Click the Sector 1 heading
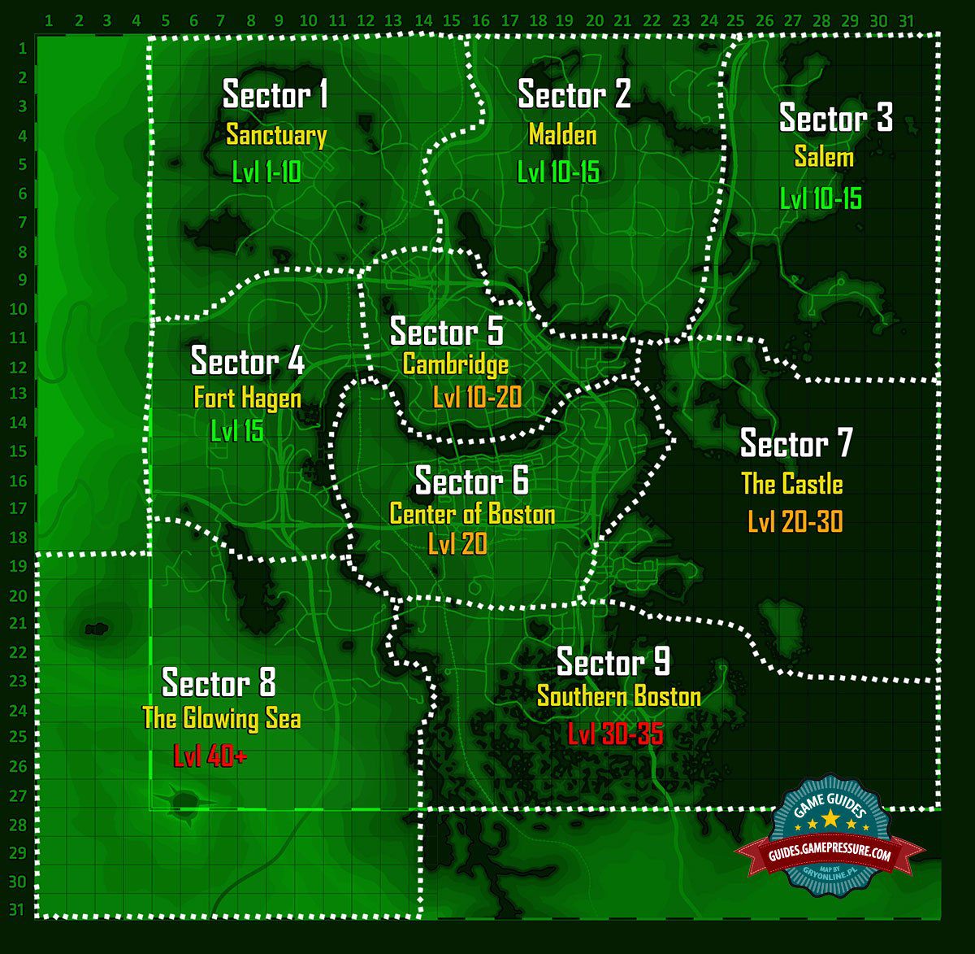click(275, 95)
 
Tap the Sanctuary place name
click(276, 135)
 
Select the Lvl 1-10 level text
click(266, 172)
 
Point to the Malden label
click(562, 134)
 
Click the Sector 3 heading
click(835, 119)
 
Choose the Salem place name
click(824, 157)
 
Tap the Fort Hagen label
click(247, 398)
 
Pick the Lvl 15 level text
click(237, 431)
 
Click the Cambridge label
click(456, 364)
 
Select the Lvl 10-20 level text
click(477, 398)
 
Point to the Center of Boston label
click(472, 514)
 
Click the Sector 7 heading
click(796, 444)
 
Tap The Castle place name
click(791, 485)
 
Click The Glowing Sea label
click(221, 719)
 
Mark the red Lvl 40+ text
click(210, 756)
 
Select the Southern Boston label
click(618, 697)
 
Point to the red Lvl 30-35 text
click(615, 734)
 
